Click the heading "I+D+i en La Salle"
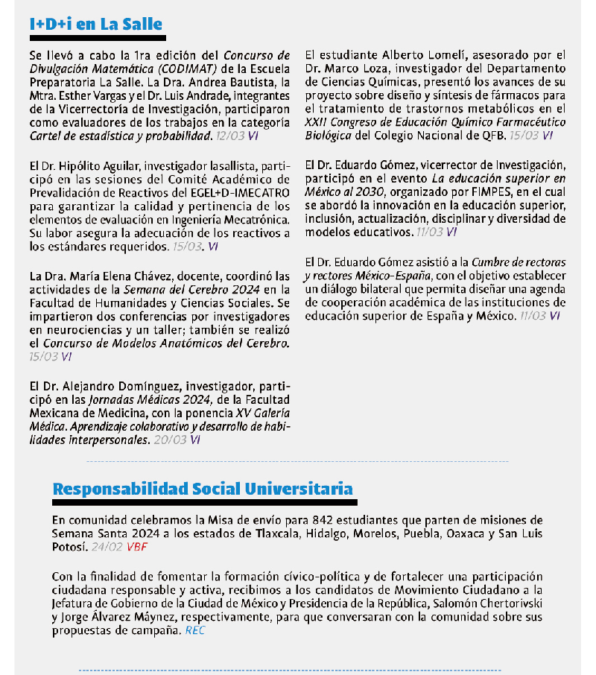tap(96, 24)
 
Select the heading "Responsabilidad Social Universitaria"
tap(203, 489)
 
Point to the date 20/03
tap(170, 440)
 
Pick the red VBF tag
tap(137, 546)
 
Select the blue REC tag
tap(194, 630)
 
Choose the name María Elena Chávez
tap(114, 276)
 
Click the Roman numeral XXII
tap(318, 122)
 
